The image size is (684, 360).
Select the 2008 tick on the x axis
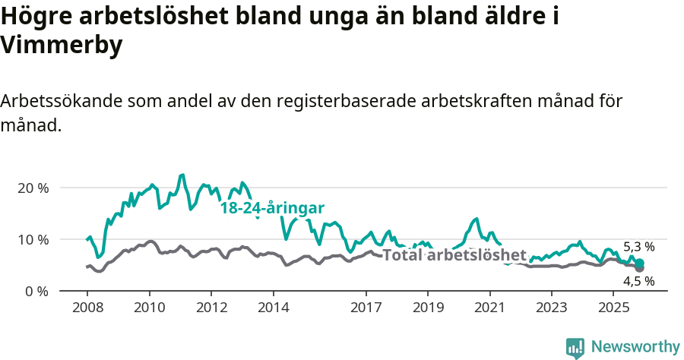[87, 310]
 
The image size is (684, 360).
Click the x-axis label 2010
[149, 310]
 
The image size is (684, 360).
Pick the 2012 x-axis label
[211, 310]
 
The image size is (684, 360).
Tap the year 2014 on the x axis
[274, 310]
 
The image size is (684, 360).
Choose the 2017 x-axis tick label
[366, 310]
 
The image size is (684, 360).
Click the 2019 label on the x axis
[428, 310]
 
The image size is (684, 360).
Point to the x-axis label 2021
[489, 310]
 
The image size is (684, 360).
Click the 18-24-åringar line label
[272, 208]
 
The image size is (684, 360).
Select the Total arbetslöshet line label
[454, 254]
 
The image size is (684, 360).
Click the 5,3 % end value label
[638, 246]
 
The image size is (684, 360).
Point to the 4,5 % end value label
[638, 281]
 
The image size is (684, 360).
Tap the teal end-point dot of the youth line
[639, 263]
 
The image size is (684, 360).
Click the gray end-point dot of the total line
[639, 268]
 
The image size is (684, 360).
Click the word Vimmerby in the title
[62, 46]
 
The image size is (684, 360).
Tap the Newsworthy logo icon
[575, 347]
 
